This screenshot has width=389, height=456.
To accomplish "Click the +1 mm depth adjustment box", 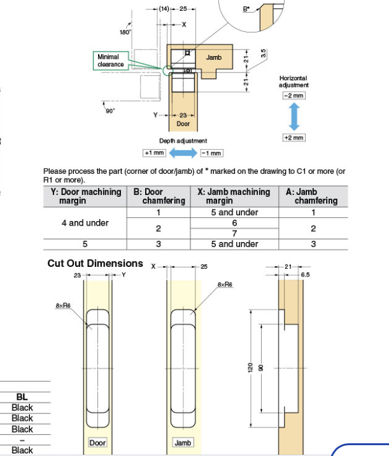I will pyautogui.click(x=155, y=153).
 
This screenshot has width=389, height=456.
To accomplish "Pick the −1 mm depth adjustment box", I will pyautogui.click(x=211, y=153).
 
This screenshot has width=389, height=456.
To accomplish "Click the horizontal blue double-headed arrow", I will pyautogui.click(x=183, y=153).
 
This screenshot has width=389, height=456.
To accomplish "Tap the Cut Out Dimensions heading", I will pyautogui.click(x=95, y=263).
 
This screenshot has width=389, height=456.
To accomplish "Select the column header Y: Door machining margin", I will pyautogui.click(x=85, y=196).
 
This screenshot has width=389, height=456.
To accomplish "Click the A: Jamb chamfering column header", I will pyautogui.click(x=312, y=196).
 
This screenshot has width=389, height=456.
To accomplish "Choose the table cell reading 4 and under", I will pyautogui.click(x=85, y=223).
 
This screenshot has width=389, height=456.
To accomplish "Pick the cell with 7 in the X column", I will pyautogui.click(x=234, y=233).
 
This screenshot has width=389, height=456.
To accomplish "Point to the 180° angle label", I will pyautogui.click(x=125, y=32).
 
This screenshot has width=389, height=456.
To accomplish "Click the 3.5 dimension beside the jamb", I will pyautogui.click(x=263, y=55).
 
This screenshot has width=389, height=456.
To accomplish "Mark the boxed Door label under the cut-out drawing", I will pyautogui.click(x=97, y=442).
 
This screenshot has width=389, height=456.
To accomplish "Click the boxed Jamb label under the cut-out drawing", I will pyautogui.click(x=183, y=442).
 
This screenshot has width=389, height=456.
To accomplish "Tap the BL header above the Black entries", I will pyautogui.click(x=22, y=397).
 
